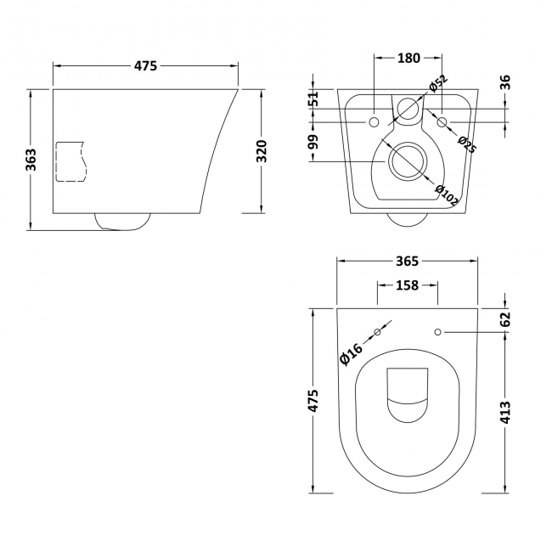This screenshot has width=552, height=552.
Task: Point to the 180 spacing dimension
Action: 408,58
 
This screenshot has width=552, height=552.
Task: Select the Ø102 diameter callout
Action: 447,195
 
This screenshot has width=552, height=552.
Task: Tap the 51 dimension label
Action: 313,99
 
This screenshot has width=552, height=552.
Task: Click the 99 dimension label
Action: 313,142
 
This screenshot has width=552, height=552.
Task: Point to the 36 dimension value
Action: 505,82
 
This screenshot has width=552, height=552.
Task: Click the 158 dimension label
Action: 408,285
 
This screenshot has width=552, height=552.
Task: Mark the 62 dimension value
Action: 505,319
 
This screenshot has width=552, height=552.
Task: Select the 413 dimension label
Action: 505,413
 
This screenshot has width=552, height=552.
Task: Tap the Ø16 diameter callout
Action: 352,352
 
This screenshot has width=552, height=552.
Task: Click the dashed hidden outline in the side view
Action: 70,161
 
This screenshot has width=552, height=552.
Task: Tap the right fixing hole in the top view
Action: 438,331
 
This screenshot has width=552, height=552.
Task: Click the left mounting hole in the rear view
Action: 374,122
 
